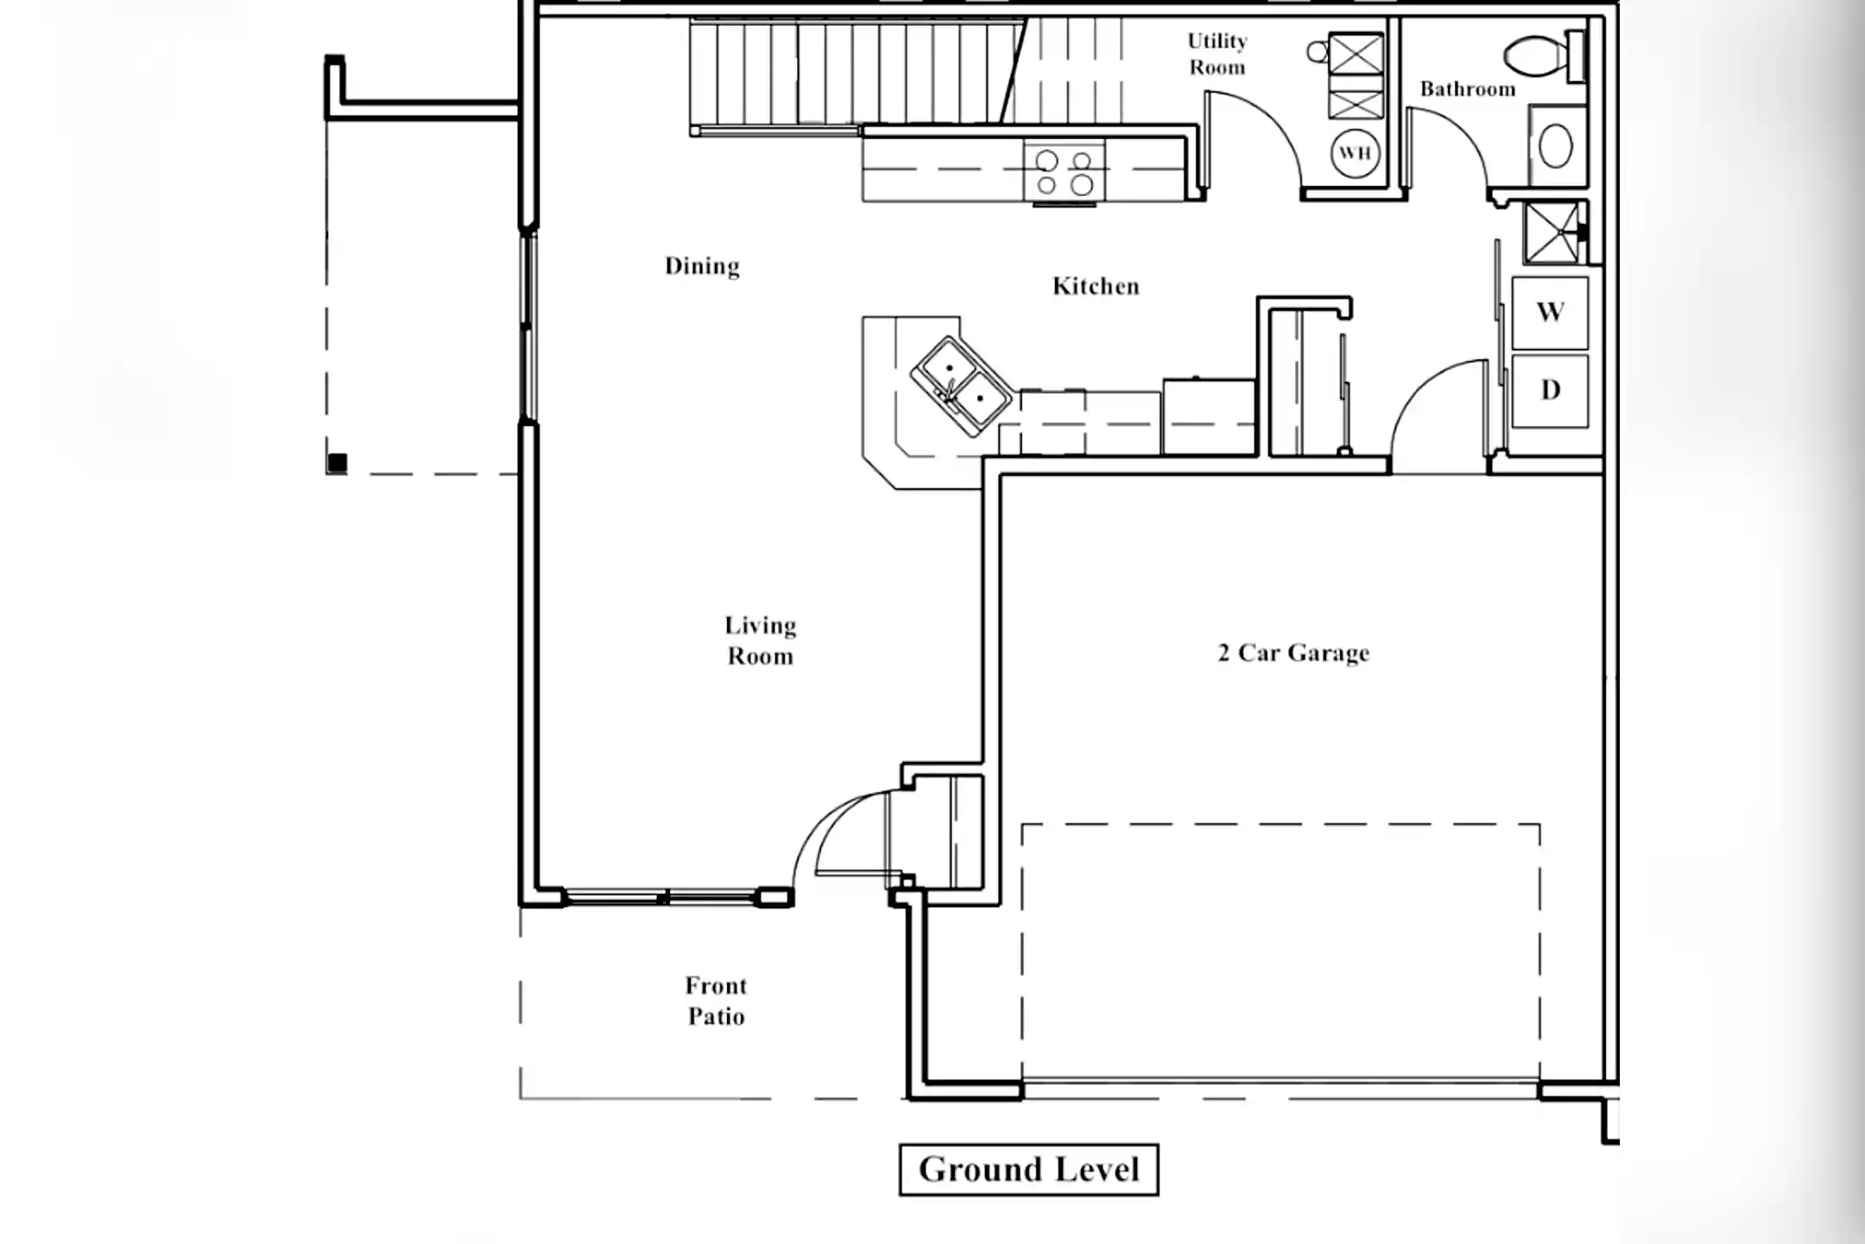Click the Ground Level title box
1028,1171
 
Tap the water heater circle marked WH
1355,154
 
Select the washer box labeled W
1550,313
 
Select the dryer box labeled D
1550,390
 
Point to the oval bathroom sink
1555,147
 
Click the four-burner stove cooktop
1064,172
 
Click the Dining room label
702,266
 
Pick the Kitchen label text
1096,286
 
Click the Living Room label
760,641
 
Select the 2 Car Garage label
1293,653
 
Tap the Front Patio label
716,1001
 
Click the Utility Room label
1217,54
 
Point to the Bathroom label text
1467,89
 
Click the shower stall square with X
1552,232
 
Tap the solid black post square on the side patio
338,464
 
